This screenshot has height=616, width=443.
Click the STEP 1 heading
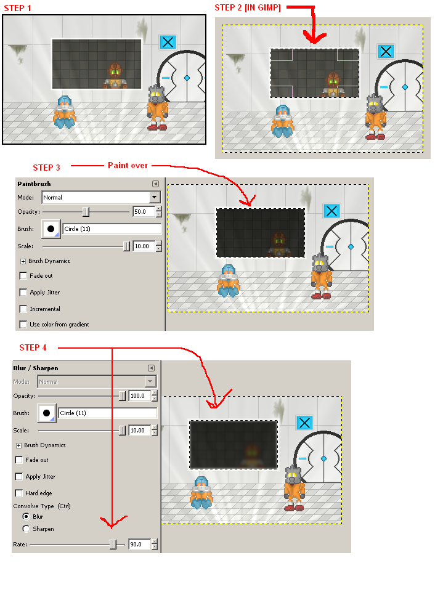click(18, 9)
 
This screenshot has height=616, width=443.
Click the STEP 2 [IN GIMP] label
click(248, 7)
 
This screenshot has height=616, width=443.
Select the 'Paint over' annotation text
click(128, 165)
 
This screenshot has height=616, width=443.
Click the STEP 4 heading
click(33, 347)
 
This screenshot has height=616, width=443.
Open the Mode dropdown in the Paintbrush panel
click(154, 197)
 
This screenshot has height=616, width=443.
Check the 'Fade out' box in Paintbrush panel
click(23, 276)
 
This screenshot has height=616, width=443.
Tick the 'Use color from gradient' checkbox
click(23, 324)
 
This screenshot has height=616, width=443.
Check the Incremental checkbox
click(23, 309)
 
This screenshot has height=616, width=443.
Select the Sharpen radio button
click(26, 529)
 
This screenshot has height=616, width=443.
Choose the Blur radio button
click(26, 516)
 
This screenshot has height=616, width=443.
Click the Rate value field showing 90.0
click(139, 545)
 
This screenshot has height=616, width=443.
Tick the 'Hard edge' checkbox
click(19, 493)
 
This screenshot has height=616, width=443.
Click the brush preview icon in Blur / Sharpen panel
click(46, 413)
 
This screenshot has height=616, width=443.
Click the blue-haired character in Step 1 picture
click(64, 111)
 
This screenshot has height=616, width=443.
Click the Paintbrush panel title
click(34, 184)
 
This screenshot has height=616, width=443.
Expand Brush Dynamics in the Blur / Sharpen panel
click(18, 445)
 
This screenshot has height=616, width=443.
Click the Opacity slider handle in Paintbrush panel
click(86, 212)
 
